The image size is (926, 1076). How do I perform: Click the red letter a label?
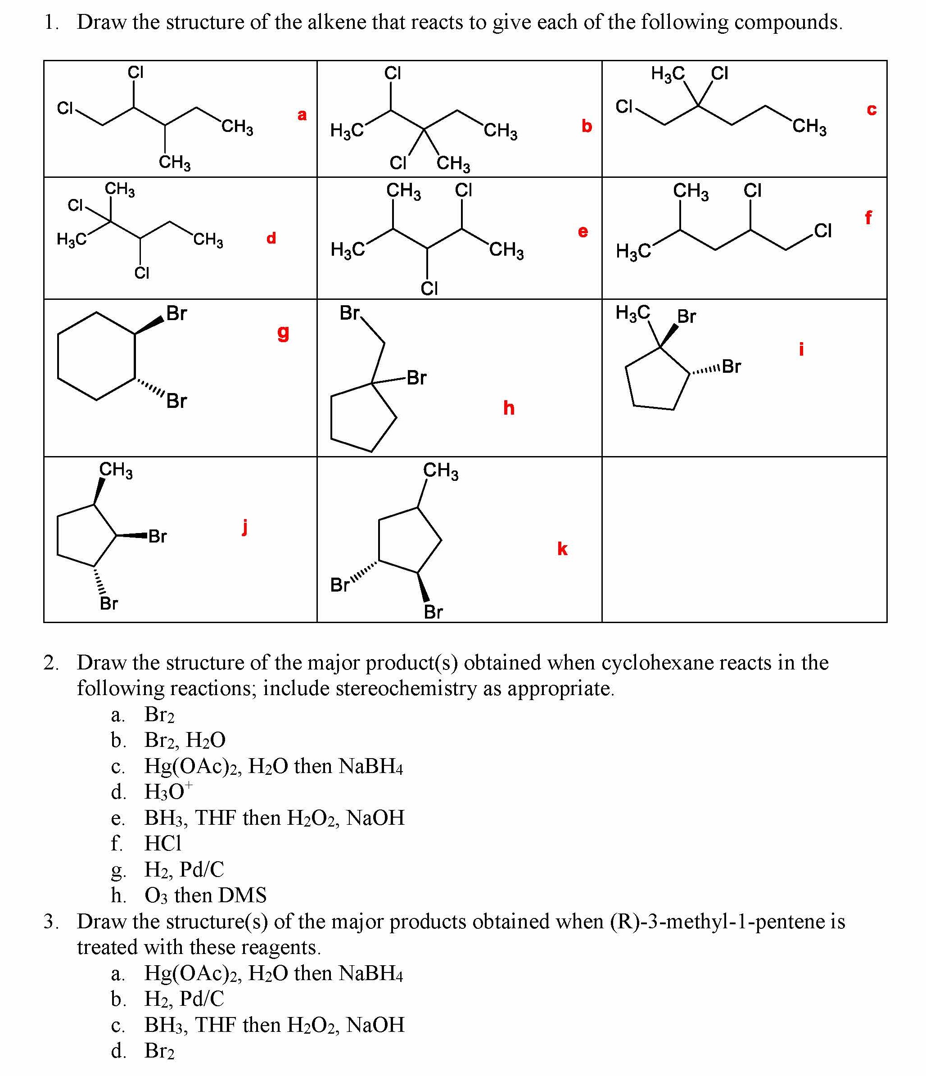[302, 115]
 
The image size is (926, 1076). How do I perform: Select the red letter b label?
[586, 126]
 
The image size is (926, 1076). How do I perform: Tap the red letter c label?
[871, 109]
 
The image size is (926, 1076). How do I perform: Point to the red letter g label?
[283, 332]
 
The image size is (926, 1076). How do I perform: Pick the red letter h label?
[508, 408]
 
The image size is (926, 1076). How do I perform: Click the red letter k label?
[562, 549]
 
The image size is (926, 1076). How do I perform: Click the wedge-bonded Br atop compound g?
[176, 314]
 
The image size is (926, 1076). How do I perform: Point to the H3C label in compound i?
[632, 312]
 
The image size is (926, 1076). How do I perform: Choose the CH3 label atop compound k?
[440, 470]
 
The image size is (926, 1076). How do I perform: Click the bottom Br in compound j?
[108, 603]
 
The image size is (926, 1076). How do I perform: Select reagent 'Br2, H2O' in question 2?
[185, 740]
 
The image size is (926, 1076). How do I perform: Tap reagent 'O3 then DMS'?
[205, 895]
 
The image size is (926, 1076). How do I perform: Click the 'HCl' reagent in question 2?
[163, 843]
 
